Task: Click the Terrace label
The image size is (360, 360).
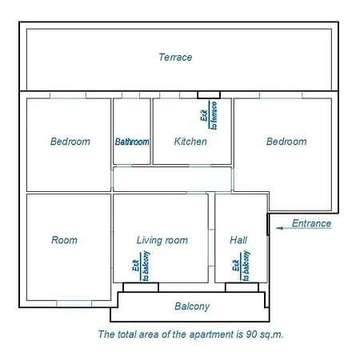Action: point(175,58)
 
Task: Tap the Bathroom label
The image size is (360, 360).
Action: point(132,142)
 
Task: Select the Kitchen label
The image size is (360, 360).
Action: point(190,142)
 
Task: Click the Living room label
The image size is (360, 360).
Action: point(162,240)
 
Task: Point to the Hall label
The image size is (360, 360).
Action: point(238,240)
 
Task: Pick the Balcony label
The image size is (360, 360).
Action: point(192,306)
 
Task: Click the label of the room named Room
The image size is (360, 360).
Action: point(64,240)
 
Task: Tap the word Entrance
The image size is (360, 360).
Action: point(311,223)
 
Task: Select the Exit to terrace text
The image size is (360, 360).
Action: point(209,115)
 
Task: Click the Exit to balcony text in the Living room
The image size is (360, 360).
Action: point(141,266)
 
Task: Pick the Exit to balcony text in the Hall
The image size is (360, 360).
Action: point(241,266)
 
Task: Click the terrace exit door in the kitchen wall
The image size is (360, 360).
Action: point(209,95)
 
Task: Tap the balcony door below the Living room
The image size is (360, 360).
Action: point(141,287)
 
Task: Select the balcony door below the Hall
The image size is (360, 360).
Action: point(242,287)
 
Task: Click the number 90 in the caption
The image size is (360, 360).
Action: point(251,334)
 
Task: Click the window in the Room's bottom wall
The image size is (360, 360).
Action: point(74,304)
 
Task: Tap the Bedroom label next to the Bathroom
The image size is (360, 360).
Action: point(70,142)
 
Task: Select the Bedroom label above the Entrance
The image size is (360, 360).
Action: point(286,142)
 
